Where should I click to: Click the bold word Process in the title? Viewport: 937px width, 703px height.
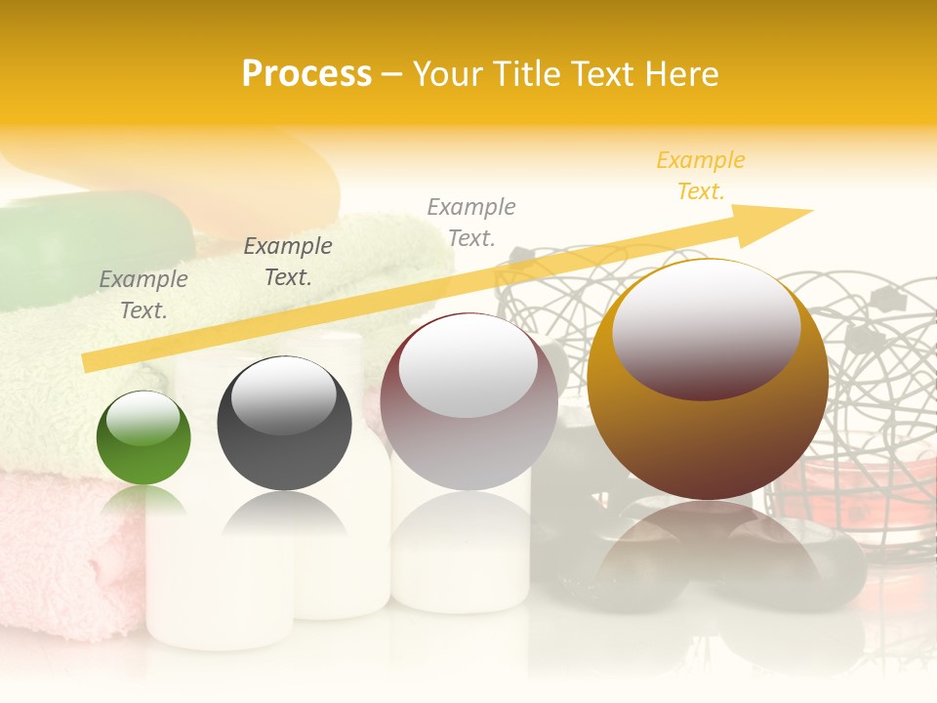(x=306, y=74)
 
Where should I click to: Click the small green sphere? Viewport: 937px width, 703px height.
(x=143, y=438)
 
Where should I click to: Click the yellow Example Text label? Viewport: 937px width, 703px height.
(x=701, y=176)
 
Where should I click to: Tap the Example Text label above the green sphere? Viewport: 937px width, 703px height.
(x=143, y=294)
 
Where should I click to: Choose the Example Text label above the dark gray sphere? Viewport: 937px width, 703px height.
(x=288, y=261)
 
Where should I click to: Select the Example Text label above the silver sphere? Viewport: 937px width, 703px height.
(x=471, y=222)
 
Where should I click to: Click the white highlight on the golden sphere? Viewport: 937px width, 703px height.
(x=706, y=328)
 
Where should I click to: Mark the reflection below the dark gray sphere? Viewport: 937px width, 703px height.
(x=283, y=513)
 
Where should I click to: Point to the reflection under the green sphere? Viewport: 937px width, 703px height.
(x=143, y=500)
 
